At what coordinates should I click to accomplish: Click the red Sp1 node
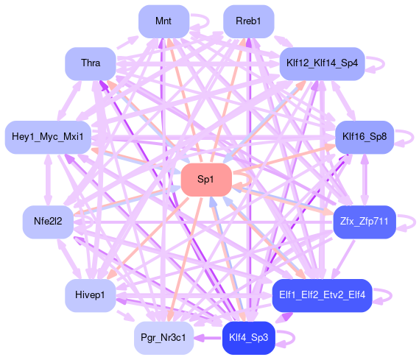(206, 180)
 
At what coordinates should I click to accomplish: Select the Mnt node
(163, 21)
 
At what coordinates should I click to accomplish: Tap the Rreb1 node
(248, 21)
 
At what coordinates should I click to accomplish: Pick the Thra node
(91, 63)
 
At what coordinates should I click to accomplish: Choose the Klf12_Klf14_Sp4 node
(322, 63)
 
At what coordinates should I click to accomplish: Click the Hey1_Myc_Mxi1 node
(48, 137)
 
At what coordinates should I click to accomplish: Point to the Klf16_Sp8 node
(365, 137)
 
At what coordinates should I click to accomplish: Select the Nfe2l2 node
(48, 222)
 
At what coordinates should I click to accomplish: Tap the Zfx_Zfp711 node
(365, 222)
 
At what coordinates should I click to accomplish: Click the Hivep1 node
(91, 295)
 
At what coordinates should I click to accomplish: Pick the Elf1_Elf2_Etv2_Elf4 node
(322, 295)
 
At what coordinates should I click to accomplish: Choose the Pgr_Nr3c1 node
(163, 338)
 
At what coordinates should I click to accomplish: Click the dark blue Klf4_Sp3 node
(248, 338)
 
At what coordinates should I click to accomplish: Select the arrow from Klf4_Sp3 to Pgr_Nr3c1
(208, 338)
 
